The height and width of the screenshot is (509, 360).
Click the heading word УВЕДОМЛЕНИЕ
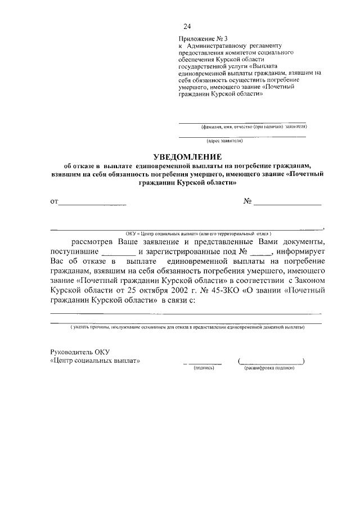[188, 156]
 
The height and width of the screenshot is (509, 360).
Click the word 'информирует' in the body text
[300, 252]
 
